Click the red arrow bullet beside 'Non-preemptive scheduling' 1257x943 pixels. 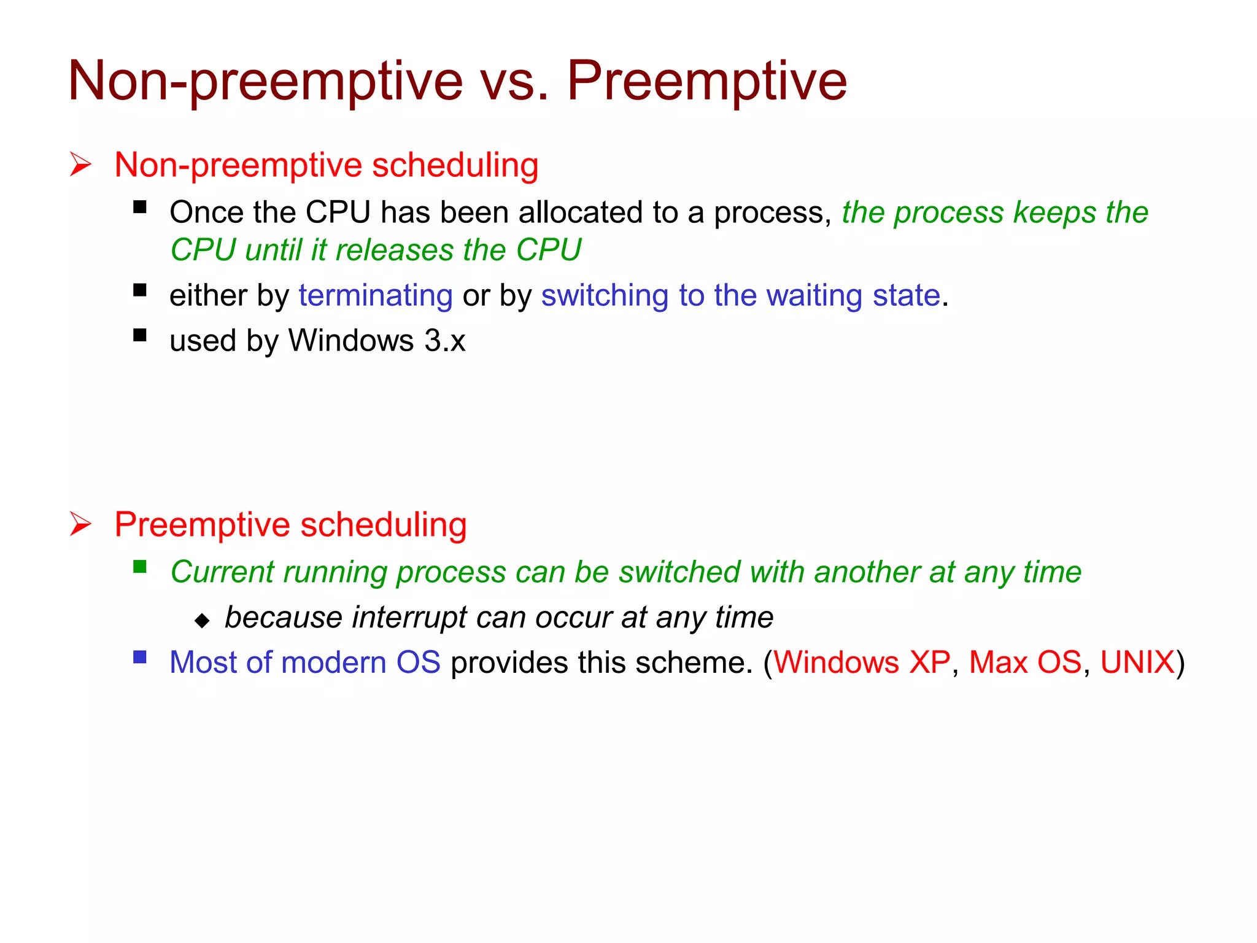point(80,165)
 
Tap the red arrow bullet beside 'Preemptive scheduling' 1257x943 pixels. point(80,524)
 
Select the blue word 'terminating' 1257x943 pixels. point(376,295)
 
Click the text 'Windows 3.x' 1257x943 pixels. point(377,341)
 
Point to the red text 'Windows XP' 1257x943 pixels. point(862,662)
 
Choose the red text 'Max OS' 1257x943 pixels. point(1025,662)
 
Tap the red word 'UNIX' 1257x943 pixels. point(1137,662)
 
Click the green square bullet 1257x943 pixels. point(140,567)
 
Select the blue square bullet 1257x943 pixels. point(140,658)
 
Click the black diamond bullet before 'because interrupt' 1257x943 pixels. point(202,621)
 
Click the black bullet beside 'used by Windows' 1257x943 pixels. point(140,335)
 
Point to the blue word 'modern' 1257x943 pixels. point(333,662)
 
